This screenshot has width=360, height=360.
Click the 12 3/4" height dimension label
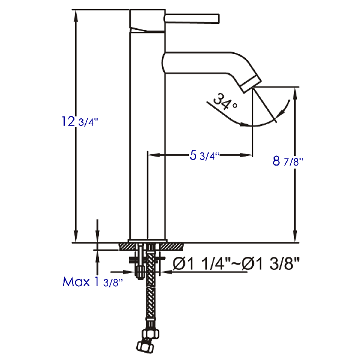click(x=80, y=121)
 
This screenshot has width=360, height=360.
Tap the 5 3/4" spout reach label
click(x=205, y=155)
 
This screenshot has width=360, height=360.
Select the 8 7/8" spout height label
click(x=287, y=161)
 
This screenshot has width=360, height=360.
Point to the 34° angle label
click(x=225, y=102)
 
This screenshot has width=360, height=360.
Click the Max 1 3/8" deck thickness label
click(x=93, y=282)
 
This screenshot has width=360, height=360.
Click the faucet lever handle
click(x=192, y=19)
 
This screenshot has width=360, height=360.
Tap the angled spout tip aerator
click(x=251, y=83)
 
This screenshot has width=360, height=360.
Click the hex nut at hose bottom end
click(x=145, y=346)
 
